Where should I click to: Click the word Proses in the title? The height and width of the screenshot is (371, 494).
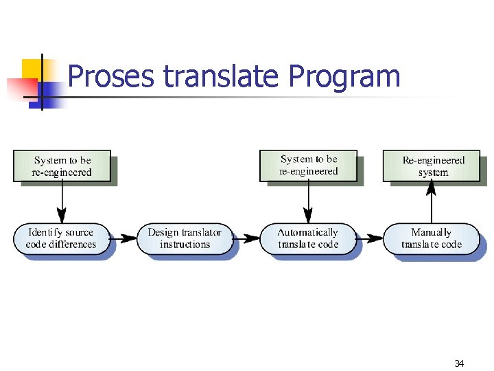click(111, 76)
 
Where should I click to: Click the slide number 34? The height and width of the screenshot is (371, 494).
click(459, 363)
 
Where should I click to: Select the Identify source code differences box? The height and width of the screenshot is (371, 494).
click(62, 238)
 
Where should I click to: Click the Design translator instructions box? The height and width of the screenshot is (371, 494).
click(185, 238)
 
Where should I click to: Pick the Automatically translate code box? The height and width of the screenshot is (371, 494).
click(308, 238)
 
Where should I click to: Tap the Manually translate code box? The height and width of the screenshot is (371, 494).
click(432, 238)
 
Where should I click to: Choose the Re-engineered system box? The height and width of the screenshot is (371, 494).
click(433, 166)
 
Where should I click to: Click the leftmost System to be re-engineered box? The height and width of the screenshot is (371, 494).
click(62, 166)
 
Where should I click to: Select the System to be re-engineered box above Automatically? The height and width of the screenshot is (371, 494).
click(309, 166)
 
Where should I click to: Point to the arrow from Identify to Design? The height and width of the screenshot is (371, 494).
click(124, 238)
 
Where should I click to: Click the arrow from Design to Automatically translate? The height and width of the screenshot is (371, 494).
click(246, 238)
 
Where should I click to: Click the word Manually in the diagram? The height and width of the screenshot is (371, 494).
click(431, 232)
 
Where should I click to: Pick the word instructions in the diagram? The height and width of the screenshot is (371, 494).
click(185, 245)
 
